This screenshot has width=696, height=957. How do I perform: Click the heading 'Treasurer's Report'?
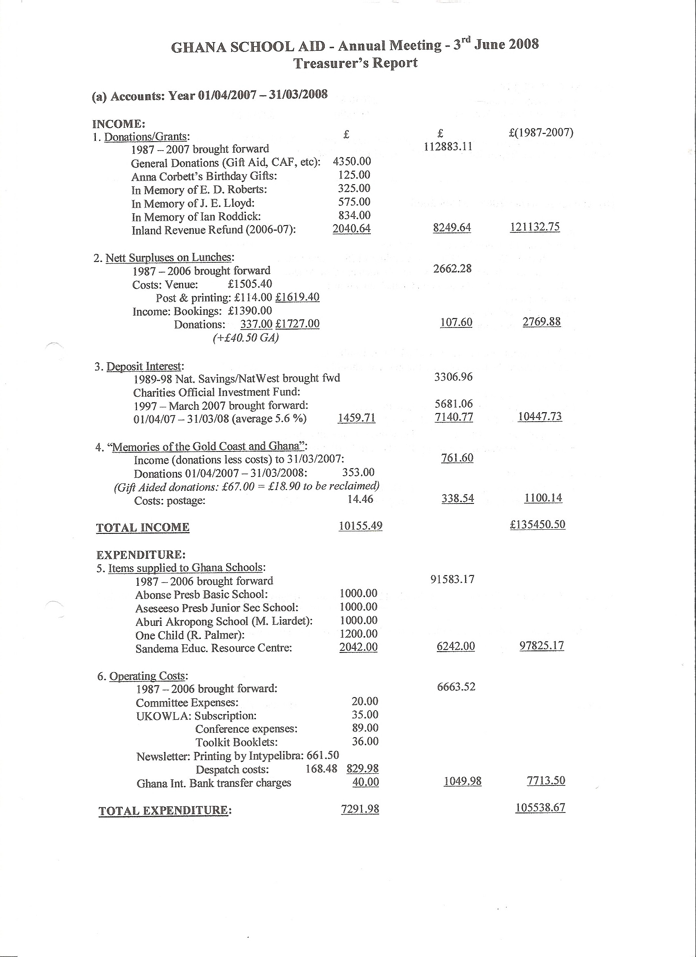(355, 63)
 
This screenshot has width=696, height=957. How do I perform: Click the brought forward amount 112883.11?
(448, 147)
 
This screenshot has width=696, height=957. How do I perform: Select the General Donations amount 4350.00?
(352, 161)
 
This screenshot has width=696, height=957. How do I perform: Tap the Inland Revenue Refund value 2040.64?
(351, 229)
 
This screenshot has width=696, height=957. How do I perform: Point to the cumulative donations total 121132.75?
(535, 227)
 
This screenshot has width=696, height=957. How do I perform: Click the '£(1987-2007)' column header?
(541, 133)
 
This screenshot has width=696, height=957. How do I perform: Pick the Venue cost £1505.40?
(250, 284)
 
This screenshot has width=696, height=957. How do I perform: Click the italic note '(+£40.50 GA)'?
(246, 338)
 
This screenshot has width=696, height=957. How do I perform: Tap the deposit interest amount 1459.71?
(357, 418)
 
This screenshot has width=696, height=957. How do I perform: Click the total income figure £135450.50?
(537, 524)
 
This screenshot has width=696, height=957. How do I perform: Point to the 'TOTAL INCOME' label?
(142, 528)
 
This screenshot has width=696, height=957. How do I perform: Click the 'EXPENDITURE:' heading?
(141, 555)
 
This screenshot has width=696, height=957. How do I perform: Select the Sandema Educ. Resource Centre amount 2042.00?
(358, 647)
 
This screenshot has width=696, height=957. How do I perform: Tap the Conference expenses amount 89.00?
(365, 728)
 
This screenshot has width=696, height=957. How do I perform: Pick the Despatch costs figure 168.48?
(321, 768)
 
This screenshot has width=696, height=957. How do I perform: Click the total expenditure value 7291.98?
(360, 809)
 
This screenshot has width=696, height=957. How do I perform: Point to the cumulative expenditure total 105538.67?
(540, 808)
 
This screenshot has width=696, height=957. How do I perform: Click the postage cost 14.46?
(360, 500)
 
